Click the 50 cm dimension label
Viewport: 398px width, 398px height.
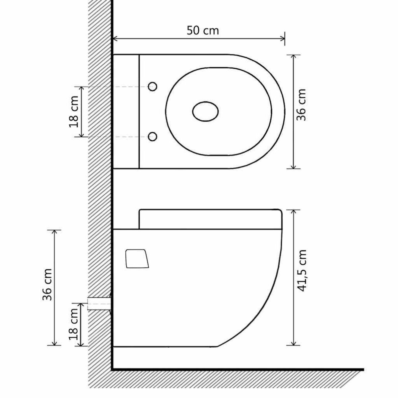(203, 31)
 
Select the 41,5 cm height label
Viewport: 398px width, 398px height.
(301, 271)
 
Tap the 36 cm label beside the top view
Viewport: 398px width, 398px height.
(301, 105)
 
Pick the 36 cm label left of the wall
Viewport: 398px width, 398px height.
(47, 280)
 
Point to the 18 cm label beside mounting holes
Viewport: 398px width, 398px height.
(73, 111)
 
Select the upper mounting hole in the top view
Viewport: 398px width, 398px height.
(153, 87)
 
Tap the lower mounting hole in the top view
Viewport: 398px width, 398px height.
(153, 136)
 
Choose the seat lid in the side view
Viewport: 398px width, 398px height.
(210, 219)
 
